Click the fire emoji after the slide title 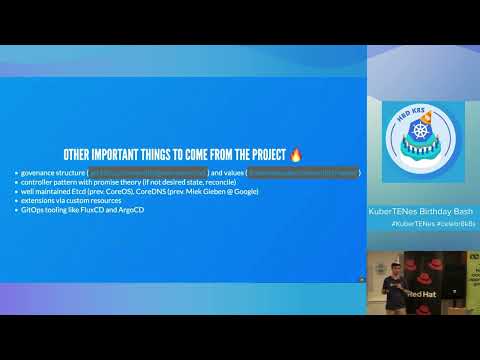coord(296,155)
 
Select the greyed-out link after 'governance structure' coord(147,172)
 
